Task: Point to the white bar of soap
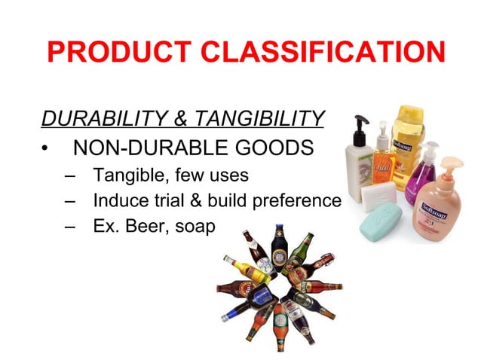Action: coord(378,198)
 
